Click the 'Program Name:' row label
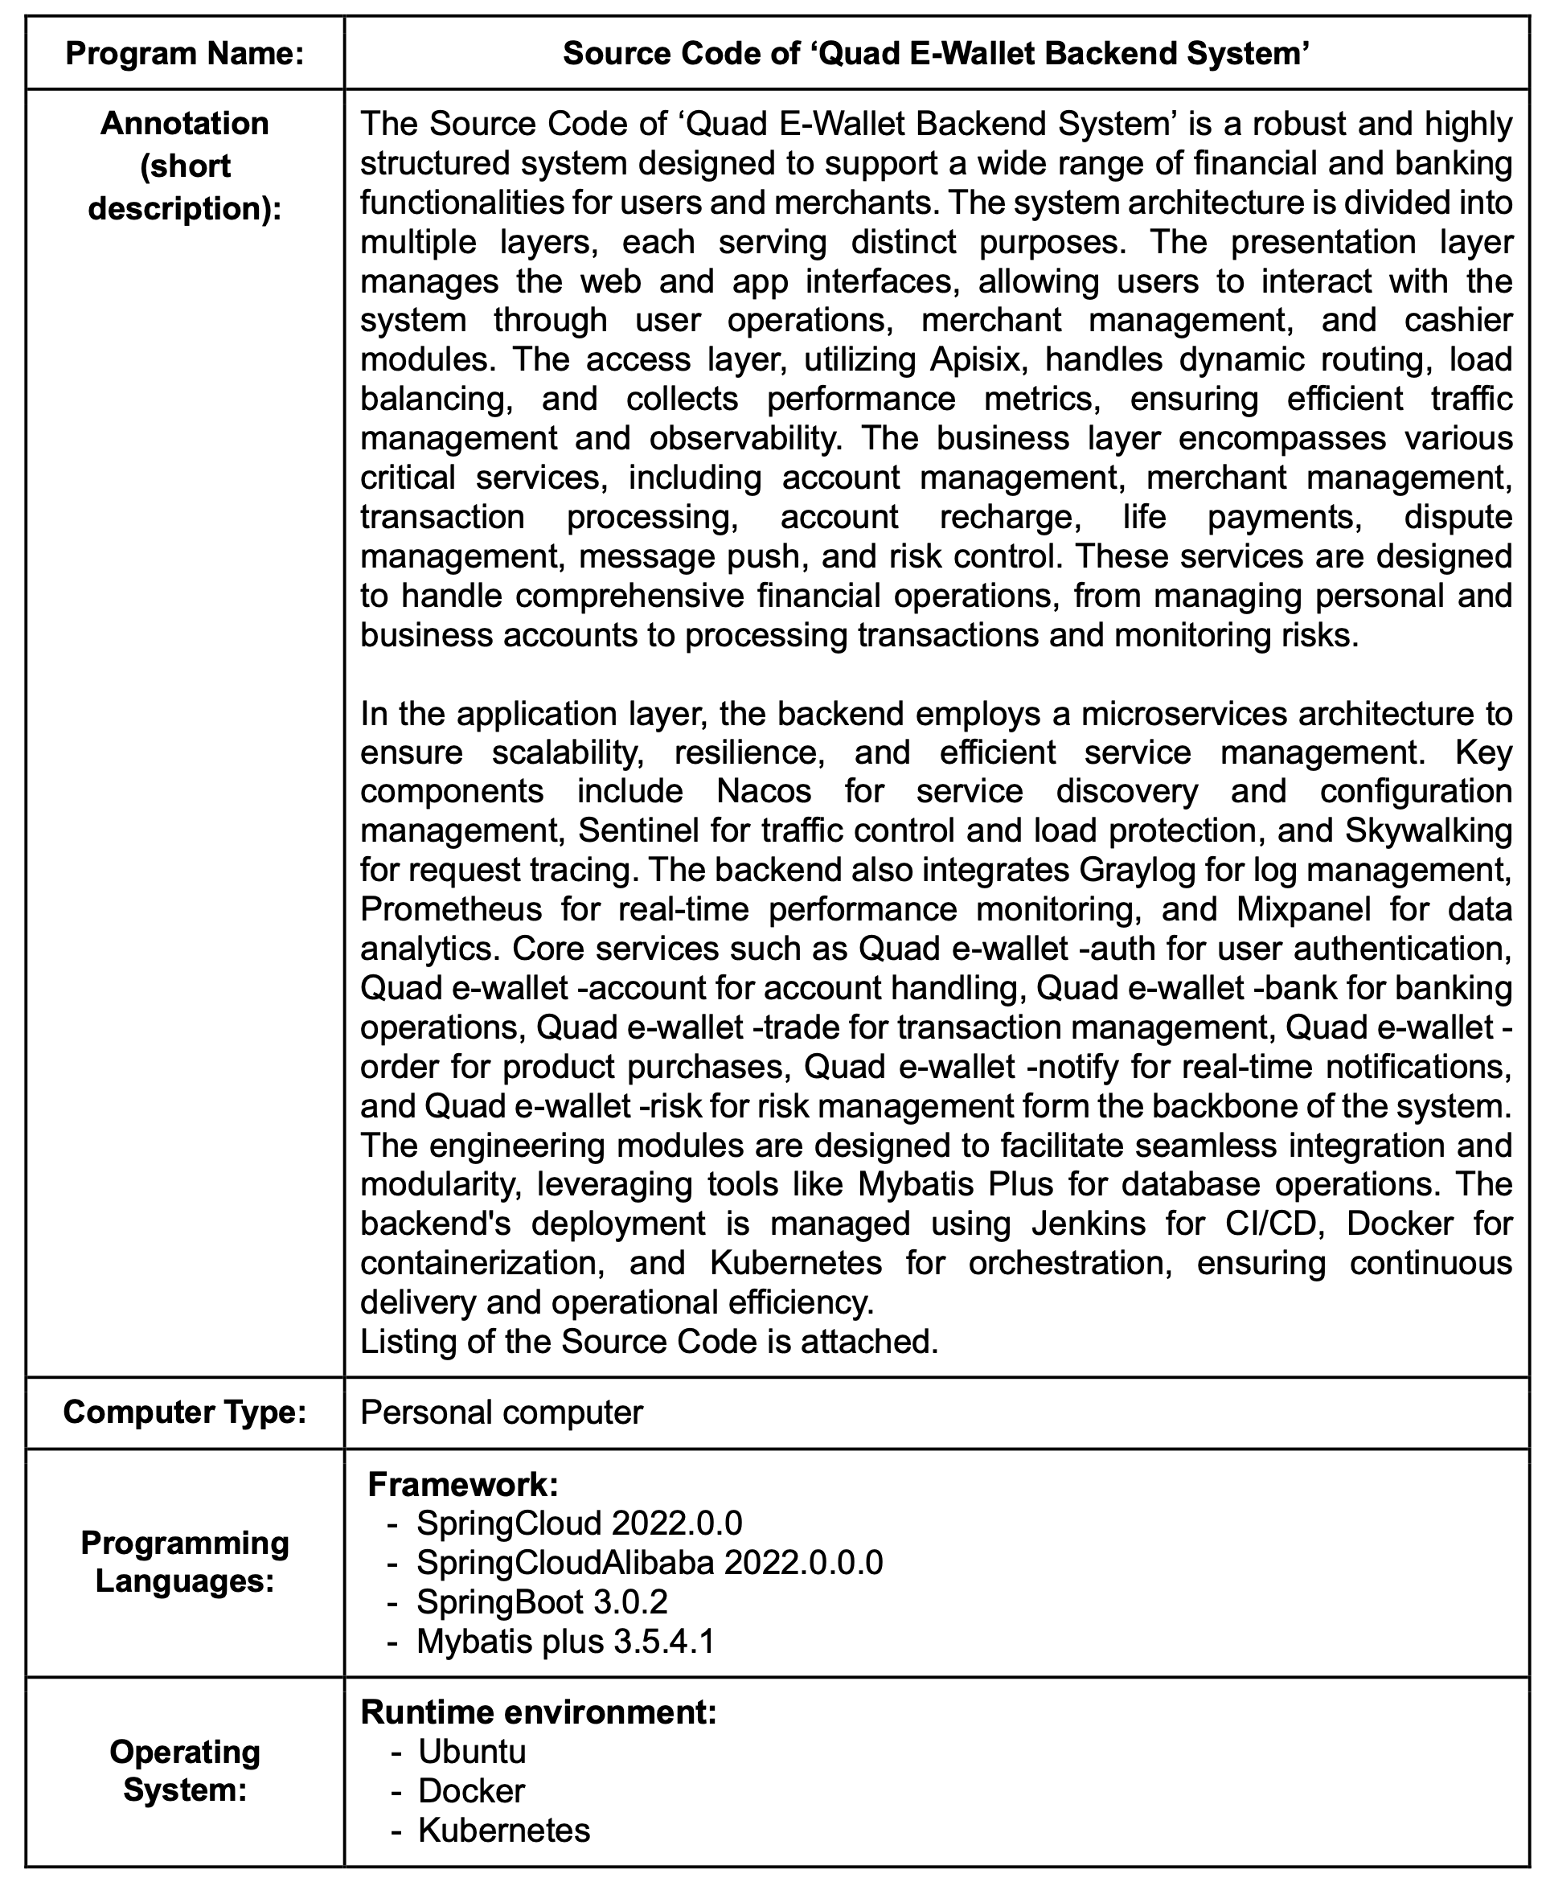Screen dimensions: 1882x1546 click(x=184, y=53)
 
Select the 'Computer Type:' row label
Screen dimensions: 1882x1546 click(x=184, y=1412)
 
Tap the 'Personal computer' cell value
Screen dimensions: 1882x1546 click(x=501, y=1412)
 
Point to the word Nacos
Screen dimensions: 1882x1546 click(x=764, y=791)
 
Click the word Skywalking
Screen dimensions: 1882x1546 click(x=1429, y=830)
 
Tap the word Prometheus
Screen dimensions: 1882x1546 click(x=451, y=908)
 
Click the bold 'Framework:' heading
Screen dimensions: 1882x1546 click(x=462, y=1484)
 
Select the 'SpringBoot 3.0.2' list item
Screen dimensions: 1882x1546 click(x=541, y=1601)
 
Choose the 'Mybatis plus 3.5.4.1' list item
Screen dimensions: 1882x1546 click(x=565, y=1641)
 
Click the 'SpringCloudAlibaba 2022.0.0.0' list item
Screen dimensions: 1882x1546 click(x=650, y=1562)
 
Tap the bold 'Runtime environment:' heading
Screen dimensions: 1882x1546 click(x=538, y=1712)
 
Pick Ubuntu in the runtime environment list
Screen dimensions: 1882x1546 click(x=472, y=1751)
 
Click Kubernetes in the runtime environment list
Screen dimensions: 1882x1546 click(x=504, y=1830)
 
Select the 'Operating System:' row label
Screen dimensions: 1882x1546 click(x=184, y=1771)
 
